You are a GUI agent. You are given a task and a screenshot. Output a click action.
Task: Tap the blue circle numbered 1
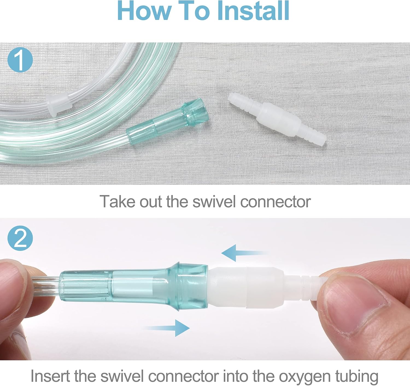point(20,59)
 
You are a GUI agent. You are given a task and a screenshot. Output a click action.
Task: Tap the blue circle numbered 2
point(20,238)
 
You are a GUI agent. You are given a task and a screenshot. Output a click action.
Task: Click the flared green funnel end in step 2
point(191,286)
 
